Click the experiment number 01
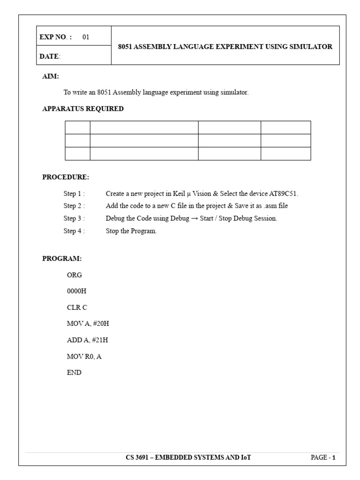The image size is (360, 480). pos(86,37)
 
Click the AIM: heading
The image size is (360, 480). pos(51,76)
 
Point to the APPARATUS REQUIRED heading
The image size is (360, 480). pos(83,109)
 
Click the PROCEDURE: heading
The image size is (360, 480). pos(66,177)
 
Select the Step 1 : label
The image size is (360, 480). pos(74,193)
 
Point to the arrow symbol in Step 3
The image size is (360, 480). pos(195,218)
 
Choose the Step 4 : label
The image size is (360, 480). pos(74,231)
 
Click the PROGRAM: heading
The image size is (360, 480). pos(62,258)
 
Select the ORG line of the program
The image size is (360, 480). pos(75,275)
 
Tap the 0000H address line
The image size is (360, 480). pos(77,291)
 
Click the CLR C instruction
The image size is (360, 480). pos(77,307)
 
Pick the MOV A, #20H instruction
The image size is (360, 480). pos(88,324)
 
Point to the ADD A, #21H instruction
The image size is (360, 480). pos(88,340)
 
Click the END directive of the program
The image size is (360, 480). pos(74,373)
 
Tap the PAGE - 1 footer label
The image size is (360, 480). pos(323,457)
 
